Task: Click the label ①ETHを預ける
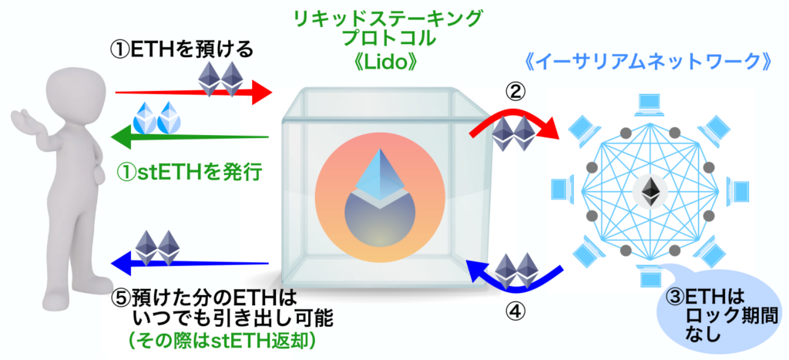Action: click(182, 50)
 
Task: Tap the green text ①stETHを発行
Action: click(190, 172)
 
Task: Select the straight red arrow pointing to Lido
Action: click(193, 93)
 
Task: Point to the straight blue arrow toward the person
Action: click(190, 264)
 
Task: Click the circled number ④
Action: click(515, 311)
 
